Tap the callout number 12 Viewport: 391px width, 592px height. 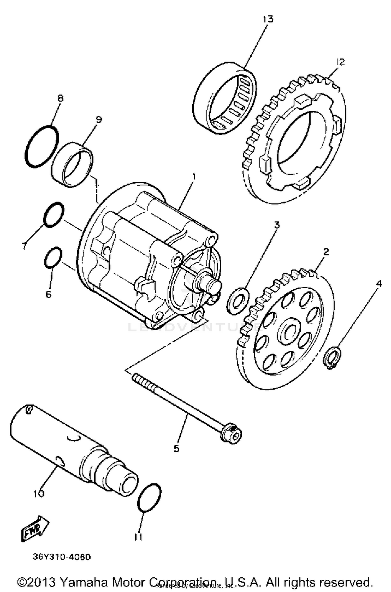tap(340, 62)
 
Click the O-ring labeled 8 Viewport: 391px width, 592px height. tap(42, 147)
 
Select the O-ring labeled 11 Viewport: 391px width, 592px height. tap(149, 498)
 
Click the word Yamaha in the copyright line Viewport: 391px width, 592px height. tap(83, 582)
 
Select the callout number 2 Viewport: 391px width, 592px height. tap(326, 252)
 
